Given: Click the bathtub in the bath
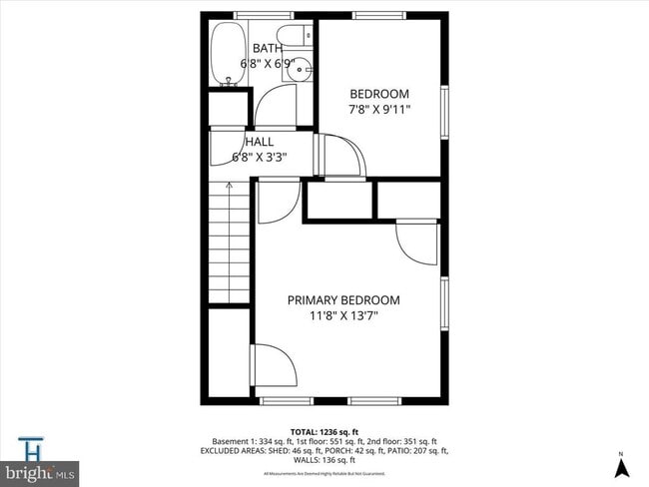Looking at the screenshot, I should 224,55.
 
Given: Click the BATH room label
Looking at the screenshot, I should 267,48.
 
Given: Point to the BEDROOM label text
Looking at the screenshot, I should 378,94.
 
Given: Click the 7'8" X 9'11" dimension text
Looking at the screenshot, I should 378,110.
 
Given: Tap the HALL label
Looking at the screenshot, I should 259,142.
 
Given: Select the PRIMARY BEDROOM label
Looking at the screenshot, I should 343,299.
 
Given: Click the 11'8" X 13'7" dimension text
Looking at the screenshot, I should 343,316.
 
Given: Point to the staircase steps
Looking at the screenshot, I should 229,244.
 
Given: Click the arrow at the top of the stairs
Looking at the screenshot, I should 229,185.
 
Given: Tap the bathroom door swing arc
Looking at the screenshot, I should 277,106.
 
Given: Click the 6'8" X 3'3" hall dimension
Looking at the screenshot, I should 259,157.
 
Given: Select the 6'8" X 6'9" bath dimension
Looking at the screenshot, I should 267,64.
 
